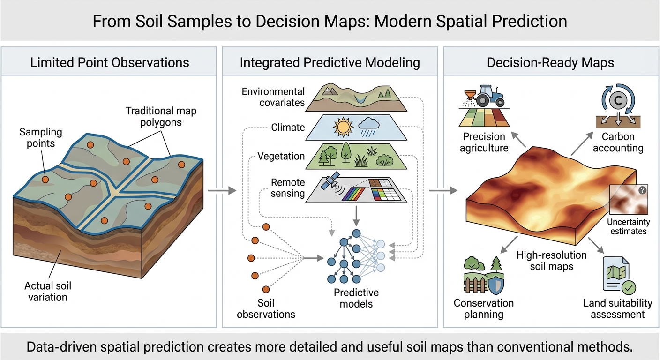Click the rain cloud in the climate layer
(x=368, y=126)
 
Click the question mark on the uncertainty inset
(x=642, y=190)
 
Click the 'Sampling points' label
(x=41, y=138)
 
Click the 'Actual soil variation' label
(x=48, y=291)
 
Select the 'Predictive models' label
(x=356, y=298)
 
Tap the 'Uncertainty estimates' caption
(x=627, y=226)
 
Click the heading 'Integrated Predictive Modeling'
(x=330, y=63)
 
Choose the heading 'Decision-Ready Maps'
(x=550, y=63)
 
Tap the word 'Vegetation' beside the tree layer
(x=281, y=156)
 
